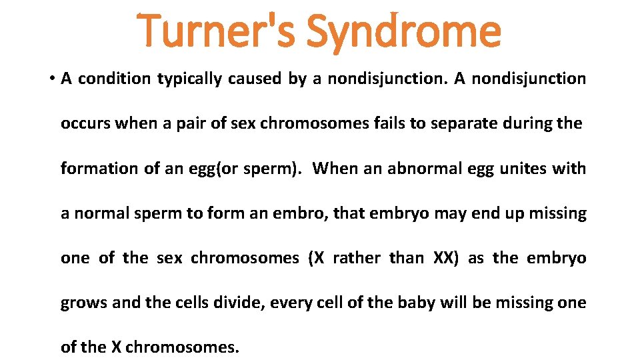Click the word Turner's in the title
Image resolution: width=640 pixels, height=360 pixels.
click(217, 31)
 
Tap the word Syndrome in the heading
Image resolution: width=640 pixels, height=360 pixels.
click(403, 31)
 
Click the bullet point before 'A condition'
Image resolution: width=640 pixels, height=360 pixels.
click(51, 79)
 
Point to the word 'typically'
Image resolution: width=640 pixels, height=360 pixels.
click(190, 79)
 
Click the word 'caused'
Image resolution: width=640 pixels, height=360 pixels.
click(255, 79)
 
